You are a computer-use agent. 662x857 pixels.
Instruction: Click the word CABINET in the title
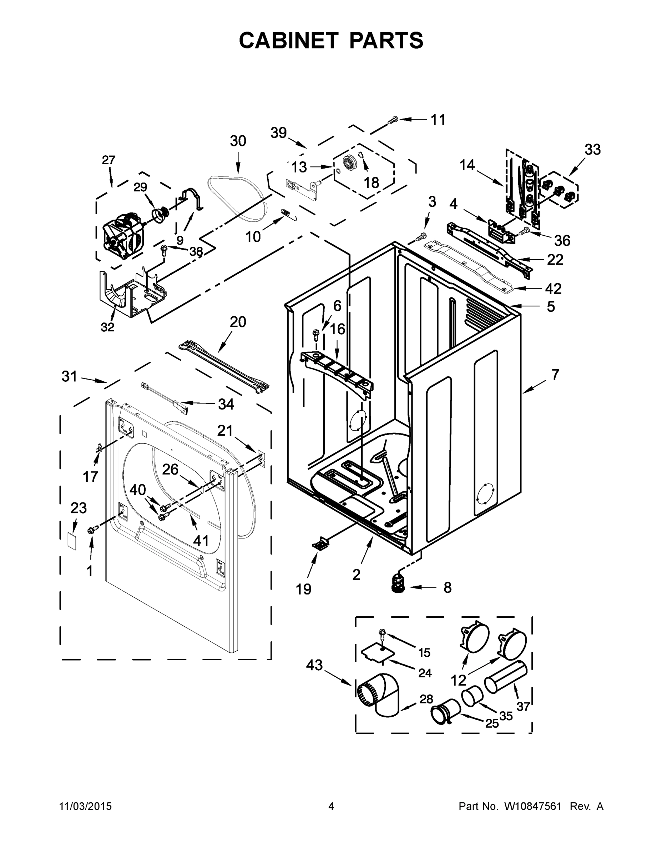point(288,40)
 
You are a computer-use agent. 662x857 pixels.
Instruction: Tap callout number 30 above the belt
point(238,141)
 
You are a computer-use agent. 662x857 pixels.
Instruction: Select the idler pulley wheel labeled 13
point(348,162)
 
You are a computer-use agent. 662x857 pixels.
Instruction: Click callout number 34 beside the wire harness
point(226,404)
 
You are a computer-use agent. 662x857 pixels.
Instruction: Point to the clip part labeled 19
point(319,543)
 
